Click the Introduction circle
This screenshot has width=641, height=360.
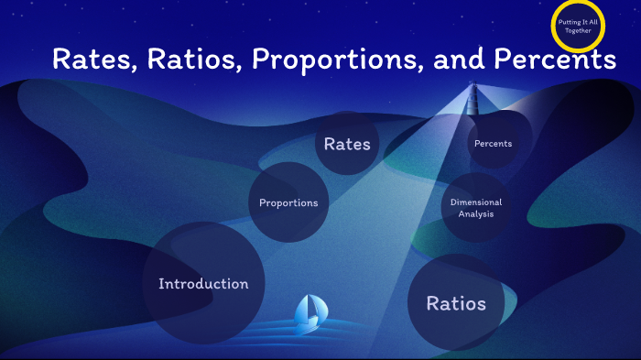coord(203,283)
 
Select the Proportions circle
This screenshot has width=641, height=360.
coord(288,202)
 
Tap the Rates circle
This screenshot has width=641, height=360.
coord(347,144)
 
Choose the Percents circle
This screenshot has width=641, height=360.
coord(493,144)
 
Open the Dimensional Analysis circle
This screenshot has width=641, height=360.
coord(476,207)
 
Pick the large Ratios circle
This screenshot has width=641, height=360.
coord(456,303)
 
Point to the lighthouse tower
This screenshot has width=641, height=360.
coord(473,99)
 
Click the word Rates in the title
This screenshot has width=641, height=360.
coord(91,60)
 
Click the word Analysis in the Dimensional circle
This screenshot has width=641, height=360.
coord(476,213)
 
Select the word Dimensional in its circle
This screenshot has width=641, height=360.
coord(476,202)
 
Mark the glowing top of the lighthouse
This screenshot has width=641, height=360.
coord(473,87)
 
